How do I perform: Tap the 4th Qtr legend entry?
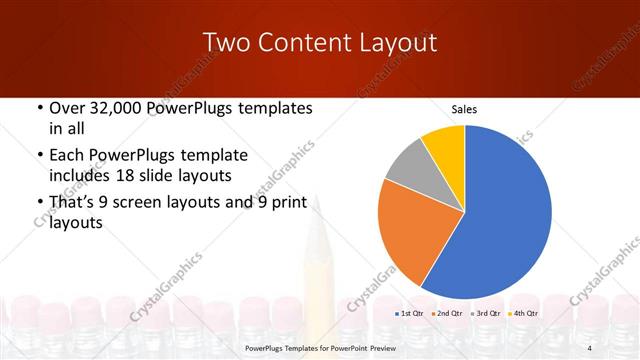(x=522, y=314)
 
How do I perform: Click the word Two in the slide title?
(x=225, y=42)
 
